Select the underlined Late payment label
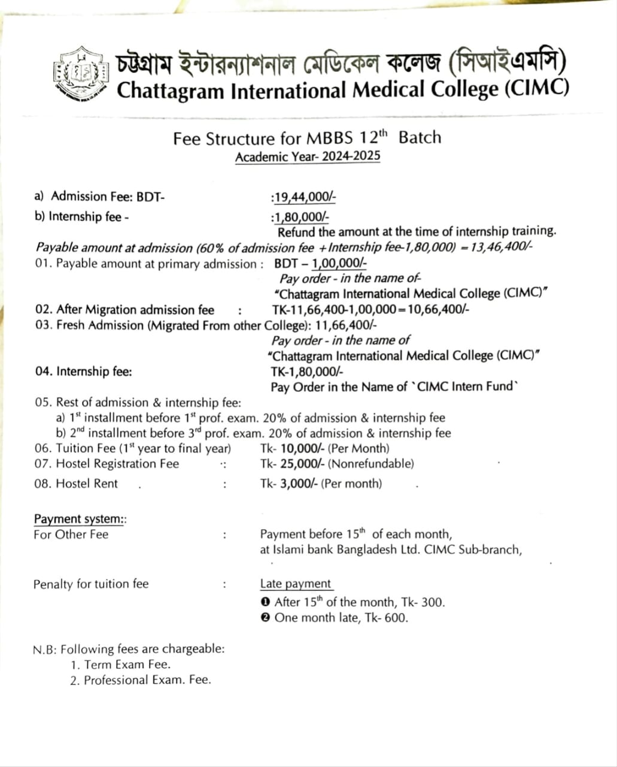[x=296, y=584]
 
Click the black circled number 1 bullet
[x=266, y=602]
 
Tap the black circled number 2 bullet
[x=266, y=618]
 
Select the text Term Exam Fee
[x=127, y=665]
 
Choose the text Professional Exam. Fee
[x=147, y=680]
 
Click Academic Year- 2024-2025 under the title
[x=308, y=157]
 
